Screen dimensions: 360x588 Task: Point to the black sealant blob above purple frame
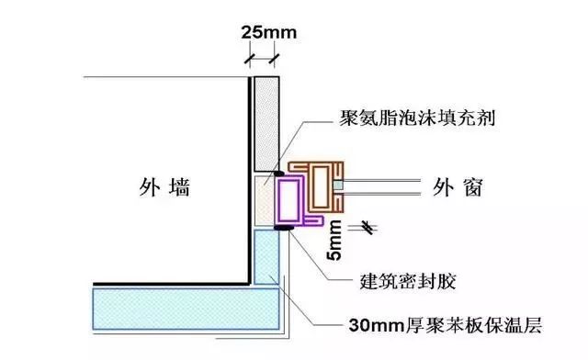278,171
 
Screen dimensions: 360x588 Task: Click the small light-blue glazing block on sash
339,186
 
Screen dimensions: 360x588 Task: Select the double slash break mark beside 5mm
367,225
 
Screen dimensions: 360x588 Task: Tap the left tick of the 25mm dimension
249,59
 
